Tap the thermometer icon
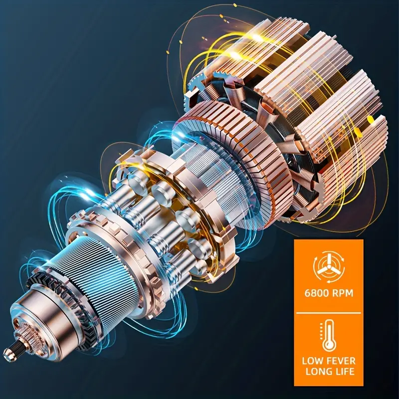(329, 336)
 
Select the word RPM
(343, 293)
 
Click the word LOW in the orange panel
(312, 361)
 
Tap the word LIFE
(344, 372)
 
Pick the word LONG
(318, 372)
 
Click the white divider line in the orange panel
(329, 313)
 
